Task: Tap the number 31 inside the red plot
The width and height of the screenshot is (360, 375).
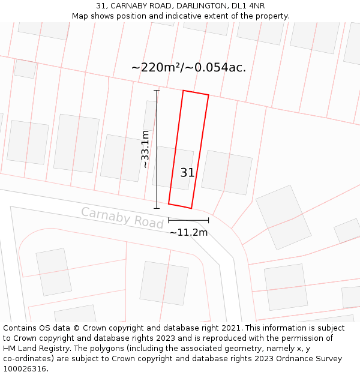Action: tap(187, 173)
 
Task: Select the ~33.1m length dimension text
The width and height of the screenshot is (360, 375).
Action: tap(145, 149)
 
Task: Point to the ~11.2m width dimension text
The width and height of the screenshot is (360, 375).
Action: tap(188, 232)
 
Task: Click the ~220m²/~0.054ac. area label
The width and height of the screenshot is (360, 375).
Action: tap(188, 67)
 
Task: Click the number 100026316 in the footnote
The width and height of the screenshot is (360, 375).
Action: tap(25, 369)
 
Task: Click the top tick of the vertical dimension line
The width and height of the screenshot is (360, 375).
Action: tap(157, 91)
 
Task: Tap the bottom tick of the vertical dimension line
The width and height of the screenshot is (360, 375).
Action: tap(157, 209)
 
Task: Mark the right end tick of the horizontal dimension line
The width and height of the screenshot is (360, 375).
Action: tap(208, 220)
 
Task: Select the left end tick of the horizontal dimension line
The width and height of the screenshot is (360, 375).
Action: tap(169, 220)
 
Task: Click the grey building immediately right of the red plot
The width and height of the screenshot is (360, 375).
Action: tap(226, 172)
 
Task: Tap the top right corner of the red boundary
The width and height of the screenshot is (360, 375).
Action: tap(208, 95)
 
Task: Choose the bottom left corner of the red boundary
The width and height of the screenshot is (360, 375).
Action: tap(169, 204)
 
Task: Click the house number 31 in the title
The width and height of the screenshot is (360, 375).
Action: tap(101, 6)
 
